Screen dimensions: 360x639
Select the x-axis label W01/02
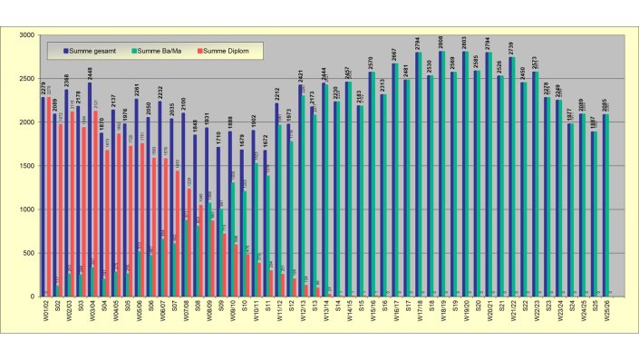point(44,312)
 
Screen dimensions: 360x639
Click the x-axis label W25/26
point(606,312)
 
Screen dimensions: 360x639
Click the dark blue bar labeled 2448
point(88,190)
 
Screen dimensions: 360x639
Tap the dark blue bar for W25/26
point(604,205)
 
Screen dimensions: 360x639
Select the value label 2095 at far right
point(604,105)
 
